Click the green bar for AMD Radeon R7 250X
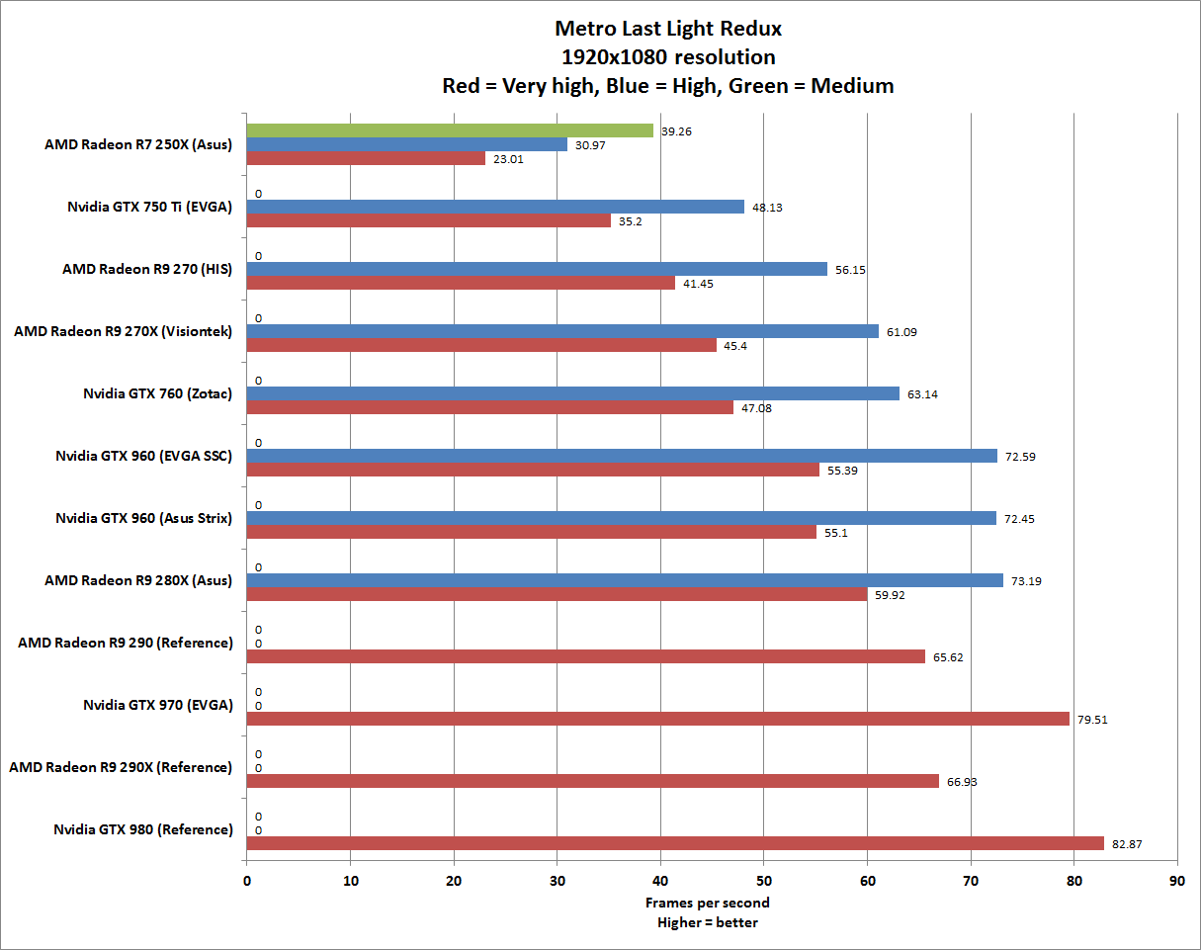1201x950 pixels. pyautogui.click(x=450, y=130)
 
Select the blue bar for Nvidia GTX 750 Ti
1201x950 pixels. pyautogui.click(x=494, y=207)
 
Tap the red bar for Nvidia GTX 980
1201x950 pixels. pyautogui.click(x=674, y=843)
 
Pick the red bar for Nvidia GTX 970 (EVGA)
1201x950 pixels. pyautogui.click(x=657, y=719)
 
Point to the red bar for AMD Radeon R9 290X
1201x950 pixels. pyautogui.click(x=592, y=781)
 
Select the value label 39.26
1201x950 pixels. pyautogui.click(x=677, y=130)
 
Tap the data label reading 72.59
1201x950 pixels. pyautogui.click(x=1021, y=456)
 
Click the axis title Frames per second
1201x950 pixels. pyautogui.click(x=707, y=903)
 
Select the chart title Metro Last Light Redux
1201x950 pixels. pyautogui.click(x=668, y=28)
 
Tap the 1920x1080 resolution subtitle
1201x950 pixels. pyautogui.click(x=668, y=56)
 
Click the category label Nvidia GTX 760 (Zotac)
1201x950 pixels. pyautogui.click(x=158, y=393)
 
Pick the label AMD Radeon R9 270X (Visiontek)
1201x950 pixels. pyautogui.click(x=124, y=331)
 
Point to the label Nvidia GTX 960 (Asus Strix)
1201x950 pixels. pyautogui.click(x=144, y=518)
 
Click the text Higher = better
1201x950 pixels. pyautogui.click(x=707, y=923)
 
